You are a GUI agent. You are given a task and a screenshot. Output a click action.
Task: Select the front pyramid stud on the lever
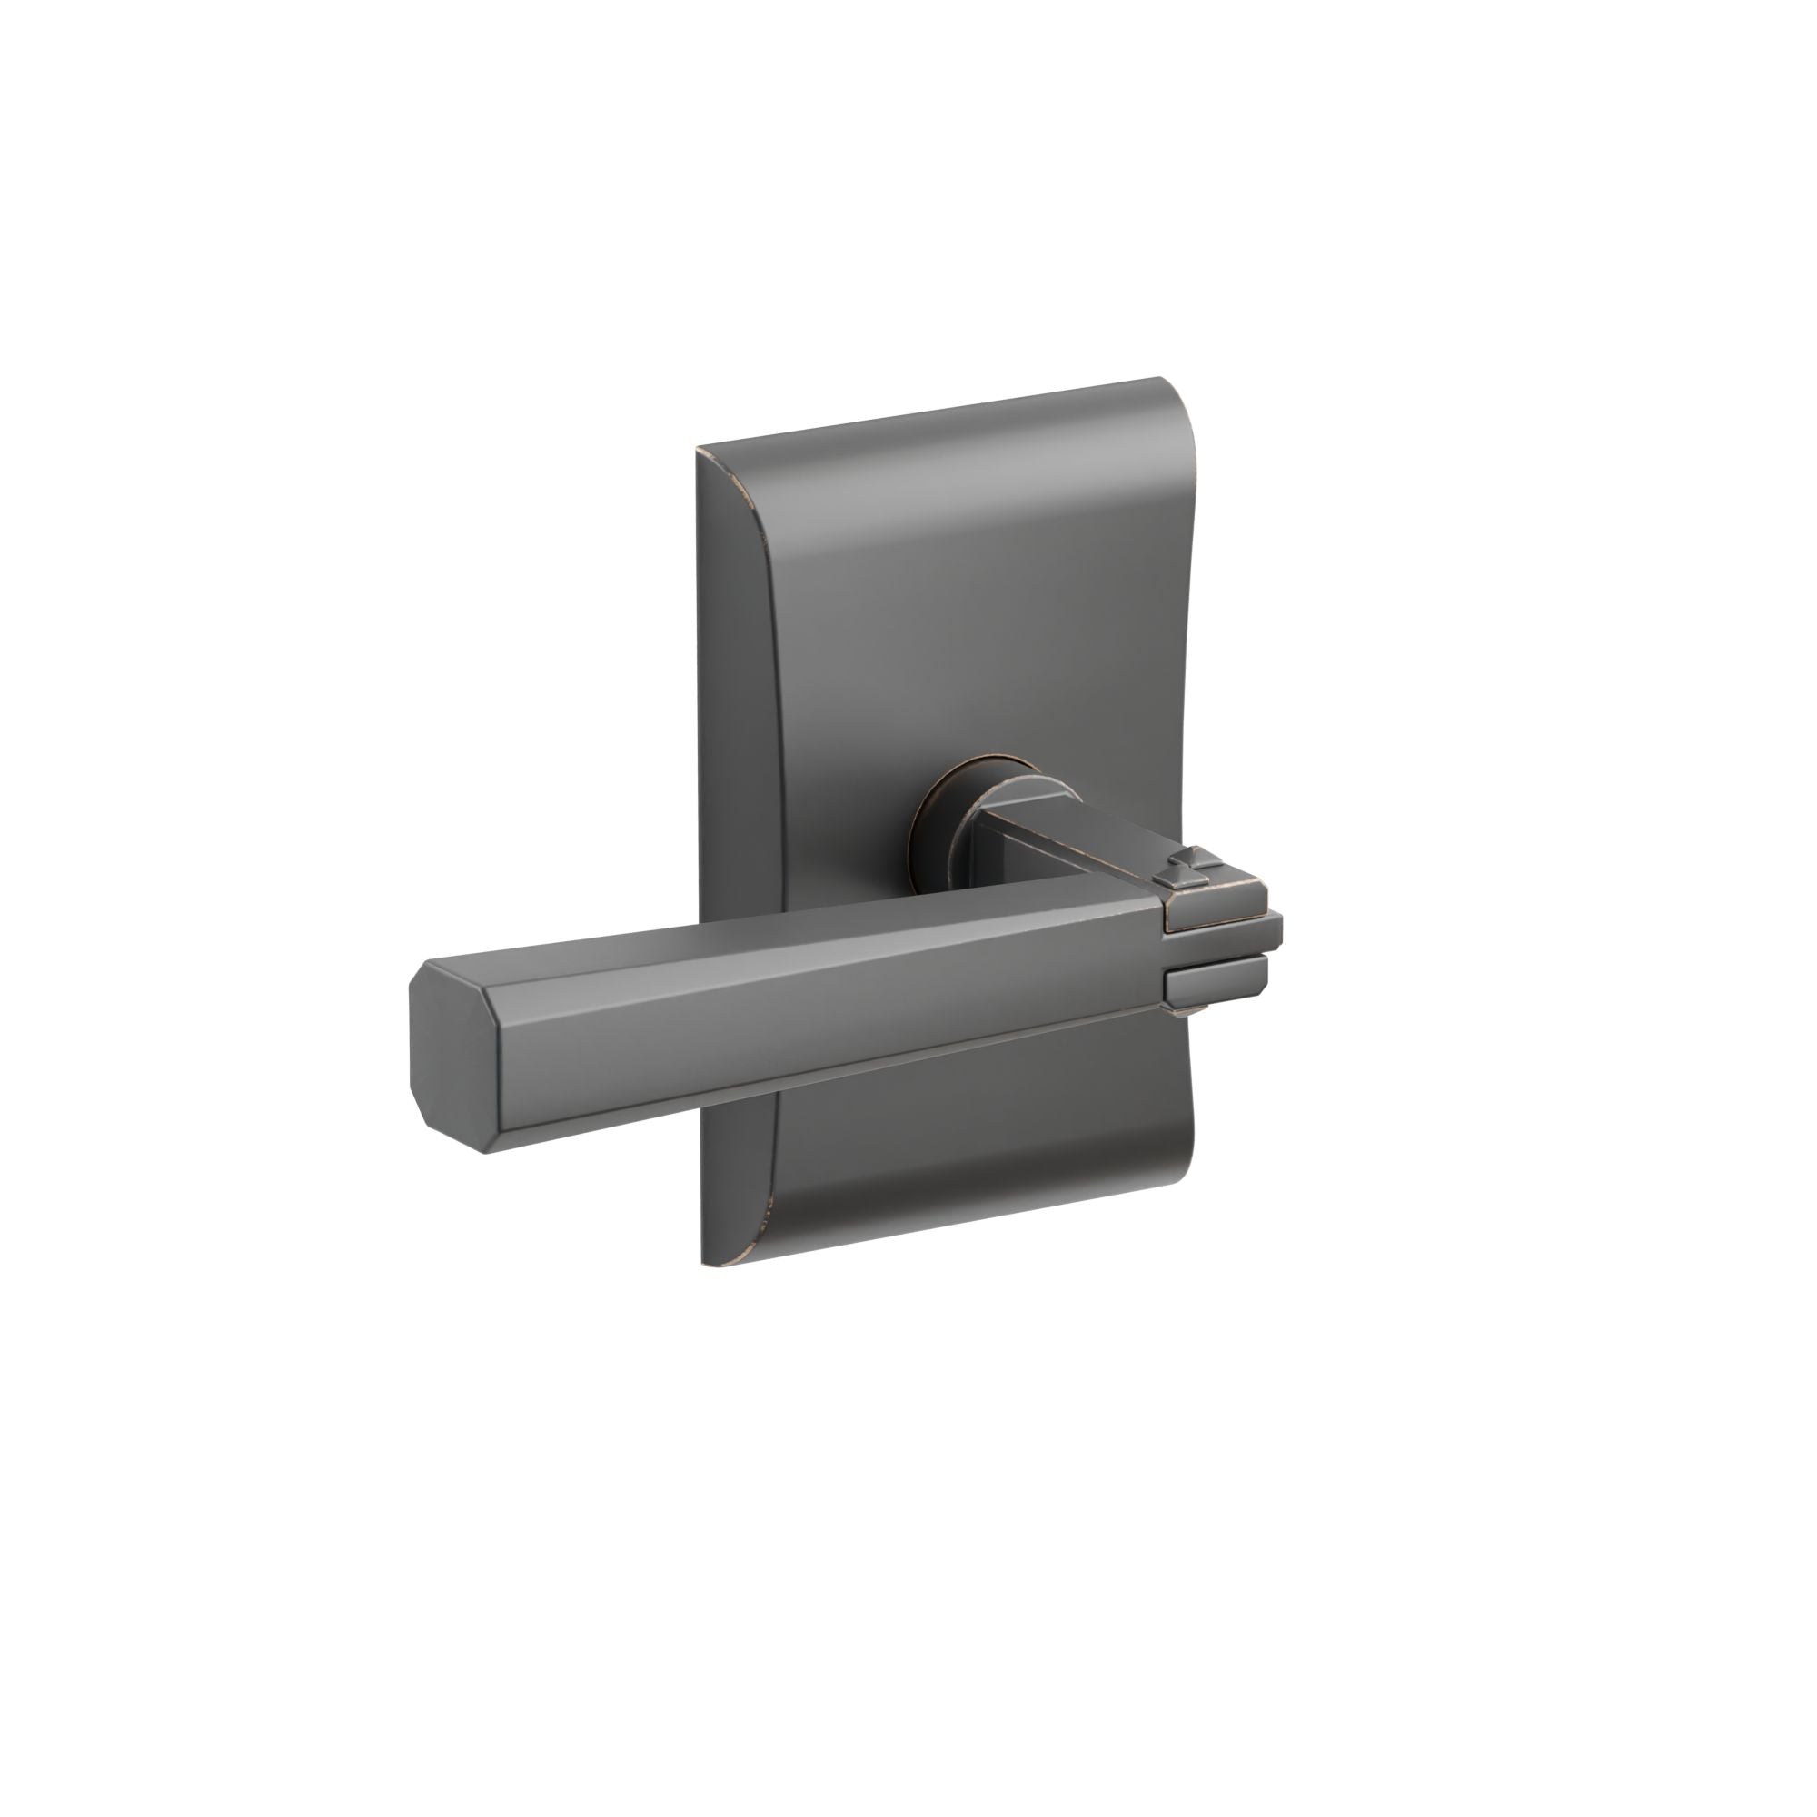[1166, 879]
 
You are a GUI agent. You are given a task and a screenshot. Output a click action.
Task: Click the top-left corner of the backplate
[700, 452]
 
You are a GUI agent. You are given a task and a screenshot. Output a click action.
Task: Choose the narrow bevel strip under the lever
[828, 1112]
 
